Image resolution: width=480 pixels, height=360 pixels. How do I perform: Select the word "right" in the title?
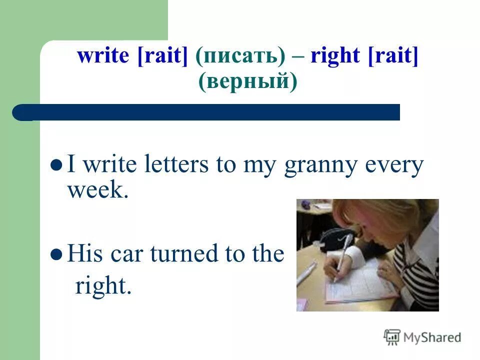coord(335,56)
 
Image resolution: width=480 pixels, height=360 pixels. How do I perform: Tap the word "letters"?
coord(172,165)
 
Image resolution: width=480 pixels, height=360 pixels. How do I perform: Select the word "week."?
coord(98,190)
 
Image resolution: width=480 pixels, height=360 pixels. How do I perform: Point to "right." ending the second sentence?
coord(103,286)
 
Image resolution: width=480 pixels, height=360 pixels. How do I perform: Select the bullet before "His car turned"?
coord(57,254)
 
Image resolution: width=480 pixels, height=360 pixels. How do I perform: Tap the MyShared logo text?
coord(432,337)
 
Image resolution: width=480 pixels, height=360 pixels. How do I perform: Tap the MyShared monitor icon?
coord(392,337)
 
